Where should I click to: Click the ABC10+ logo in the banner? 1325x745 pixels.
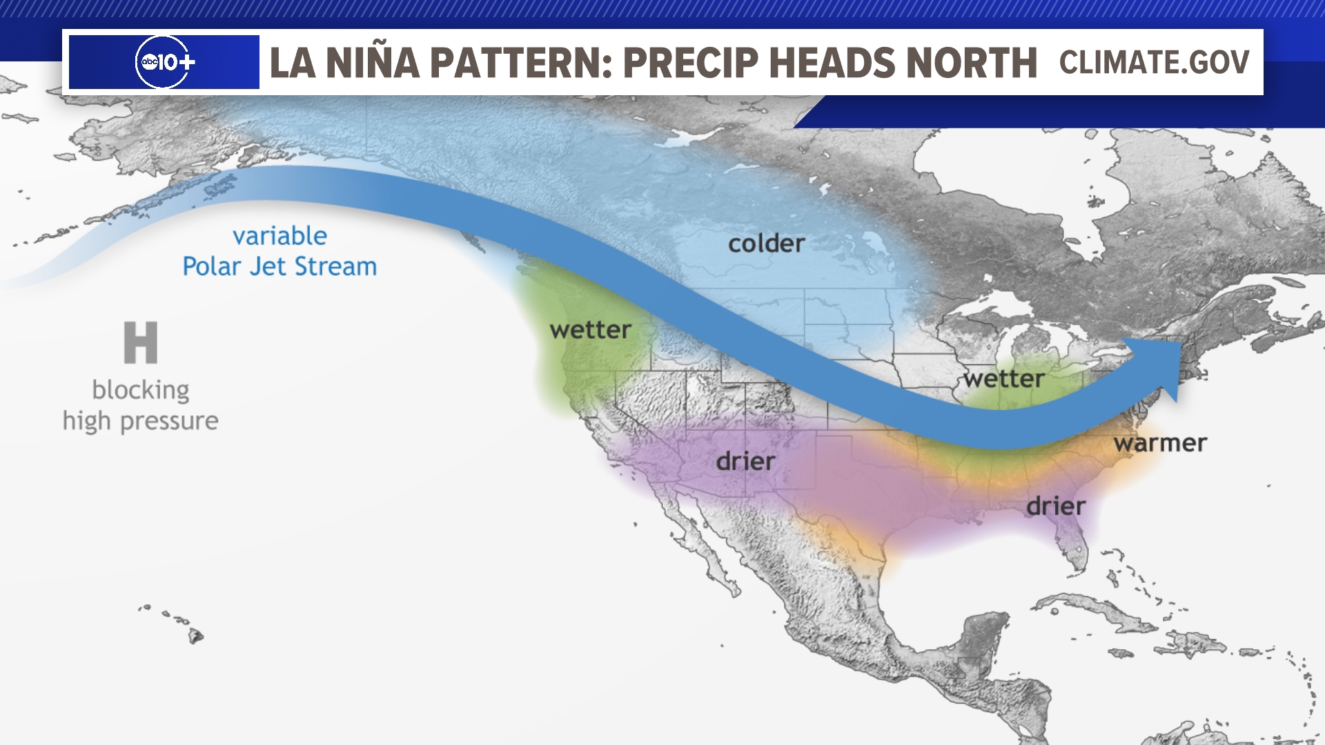pos(164,62)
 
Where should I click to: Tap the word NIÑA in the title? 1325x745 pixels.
pos(372,63)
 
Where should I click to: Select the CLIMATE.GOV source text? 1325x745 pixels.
pos(1154,62)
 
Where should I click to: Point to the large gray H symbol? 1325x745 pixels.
pos(141,342)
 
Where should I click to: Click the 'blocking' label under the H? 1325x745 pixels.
pos(141,390)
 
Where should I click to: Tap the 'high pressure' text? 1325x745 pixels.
pos(141,421)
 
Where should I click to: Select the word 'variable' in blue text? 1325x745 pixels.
pos(279,236)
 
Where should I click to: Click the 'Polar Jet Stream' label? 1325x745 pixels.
pos(279,266)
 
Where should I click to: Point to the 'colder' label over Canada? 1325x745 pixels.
pos(766,244)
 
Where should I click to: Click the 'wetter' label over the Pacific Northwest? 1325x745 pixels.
pos(590,330)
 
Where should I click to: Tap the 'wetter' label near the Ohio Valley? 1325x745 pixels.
pos(1004,379)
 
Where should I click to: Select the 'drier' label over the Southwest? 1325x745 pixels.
pos(745,461)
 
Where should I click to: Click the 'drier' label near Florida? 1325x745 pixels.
pos(1056,506)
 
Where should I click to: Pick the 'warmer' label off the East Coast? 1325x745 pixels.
pos(1160,443)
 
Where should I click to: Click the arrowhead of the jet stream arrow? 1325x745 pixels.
pos(1159,366)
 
